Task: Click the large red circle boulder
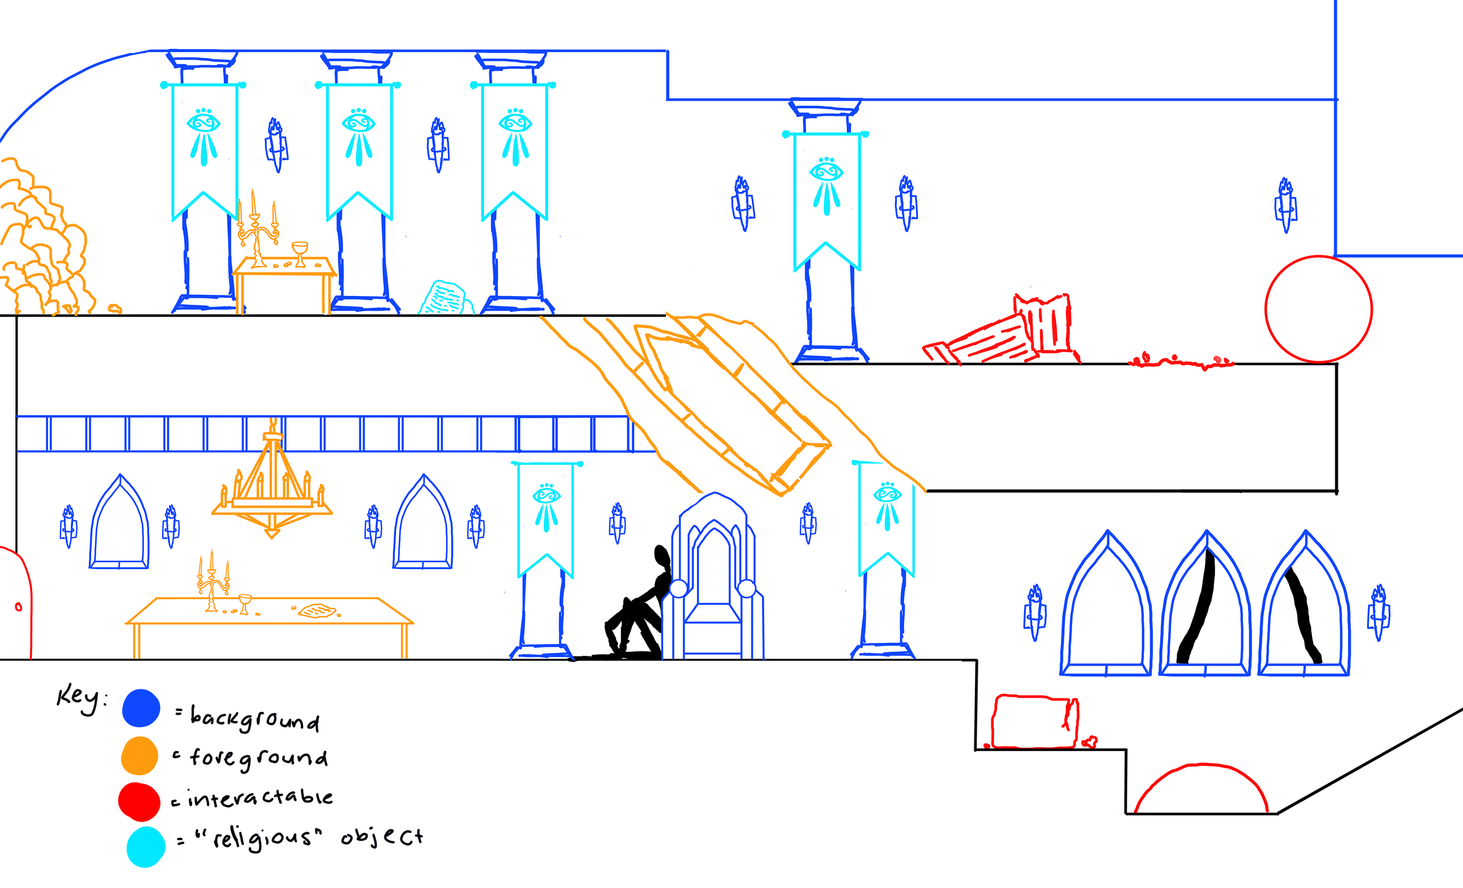pos(1318,309)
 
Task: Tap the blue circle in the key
pos(140,708)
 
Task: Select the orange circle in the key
pos(139,756)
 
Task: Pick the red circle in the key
pos(139,801)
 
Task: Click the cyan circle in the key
pos(146,847)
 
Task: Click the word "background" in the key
pos(255,720)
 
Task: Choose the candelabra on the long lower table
pos(212,581)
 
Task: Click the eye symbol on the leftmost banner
pos(204,123)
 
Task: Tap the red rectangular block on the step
pos(1034,722)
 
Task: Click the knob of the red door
pos(18,607)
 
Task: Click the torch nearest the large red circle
pos(1286,205)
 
